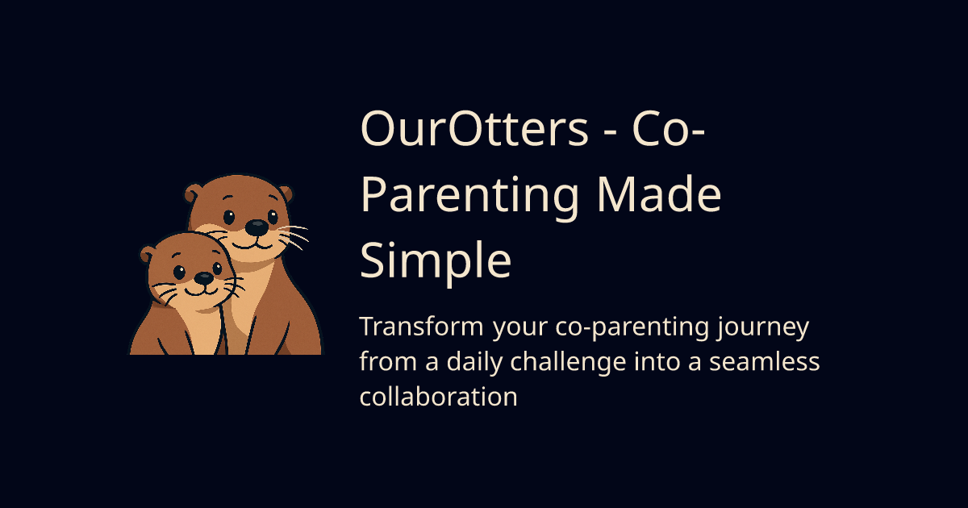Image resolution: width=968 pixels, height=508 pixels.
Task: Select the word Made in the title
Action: point(657,197)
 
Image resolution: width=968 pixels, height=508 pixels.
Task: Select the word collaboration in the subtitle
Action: point(438,397)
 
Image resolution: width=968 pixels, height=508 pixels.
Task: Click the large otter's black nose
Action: point(256,228)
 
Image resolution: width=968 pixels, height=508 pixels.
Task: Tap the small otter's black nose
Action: point(204,278)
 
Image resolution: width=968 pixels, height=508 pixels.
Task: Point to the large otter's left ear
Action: point(193,194)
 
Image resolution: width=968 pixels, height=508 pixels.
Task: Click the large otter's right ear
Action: point(284,194)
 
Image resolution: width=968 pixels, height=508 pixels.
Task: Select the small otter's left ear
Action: point(148,256)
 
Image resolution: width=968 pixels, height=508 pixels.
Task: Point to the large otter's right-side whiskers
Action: point(294,235)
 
